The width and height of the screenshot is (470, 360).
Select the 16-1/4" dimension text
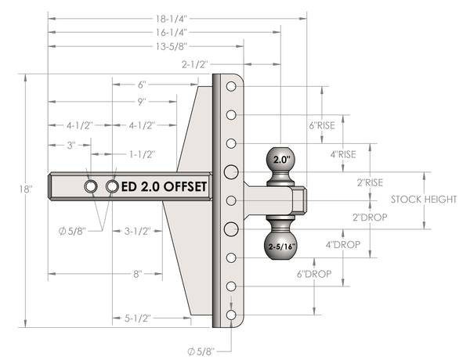(164, 32)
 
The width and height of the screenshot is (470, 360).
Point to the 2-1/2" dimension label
(194, 65)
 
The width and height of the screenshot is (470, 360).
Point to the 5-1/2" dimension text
(138, 318)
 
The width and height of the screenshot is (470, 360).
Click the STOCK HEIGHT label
(424, 200)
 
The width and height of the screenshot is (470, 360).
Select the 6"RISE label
(321, 125)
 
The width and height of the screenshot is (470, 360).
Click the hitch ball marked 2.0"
(281, 160)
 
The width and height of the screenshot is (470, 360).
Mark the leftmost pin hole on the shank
(92, 186)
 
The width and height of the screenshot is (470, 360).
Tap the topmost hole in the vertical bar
(231, 87)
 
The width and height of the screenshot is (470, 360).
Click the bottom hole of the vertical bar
(231, 315)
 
